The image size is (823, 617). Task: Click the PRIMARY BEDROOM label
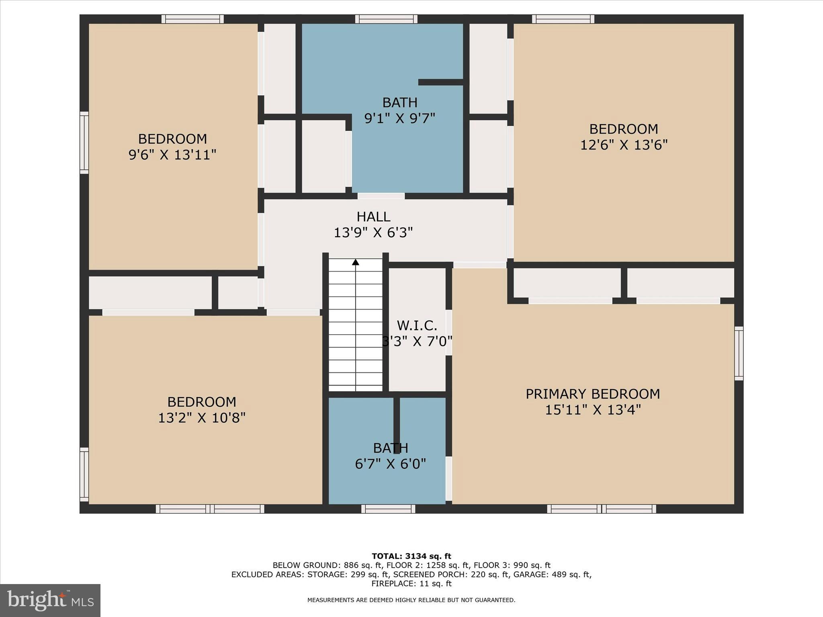coord(593,394)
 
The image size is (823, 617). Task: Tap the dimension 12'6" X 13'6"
coord(623,145)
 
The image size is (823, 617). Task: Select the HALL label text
coord(373,217)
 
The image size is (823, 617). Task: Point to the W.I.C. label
coord(417,325)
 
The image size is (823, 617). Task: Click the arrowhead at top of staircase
coord(356,262)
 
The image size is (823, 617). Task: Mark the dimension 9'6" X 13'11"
coord(172,155)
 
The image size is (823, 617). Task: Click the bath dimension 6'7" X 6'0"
coord(390,464)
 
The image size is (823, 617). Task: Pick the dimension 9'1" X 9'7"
coord(400,118)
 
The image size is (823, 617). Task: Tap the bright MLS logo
coord(50,600)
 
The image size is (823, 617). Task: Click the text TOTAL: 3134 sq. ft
coord(411,556)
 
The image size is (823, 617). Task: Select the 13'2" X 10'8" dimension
coord(201,418)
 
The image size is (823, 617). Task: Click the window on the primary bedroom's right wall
coord(739,353)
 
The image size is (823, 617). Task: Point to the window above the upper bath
coord(386,19)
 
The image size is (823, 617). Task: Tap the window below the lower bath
coord(388,509)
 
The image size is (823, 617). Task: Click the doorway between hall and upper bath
coord(381,196)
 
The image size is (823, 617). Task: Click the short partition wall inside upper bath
coord(441,82)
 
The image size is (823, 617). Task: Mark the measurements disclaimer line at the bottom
coord(411,600)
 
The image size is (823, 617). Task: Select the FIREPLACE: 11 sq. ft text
coord(411,584)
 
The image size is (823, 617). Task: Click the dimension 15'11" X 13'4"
coord(593,410)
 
